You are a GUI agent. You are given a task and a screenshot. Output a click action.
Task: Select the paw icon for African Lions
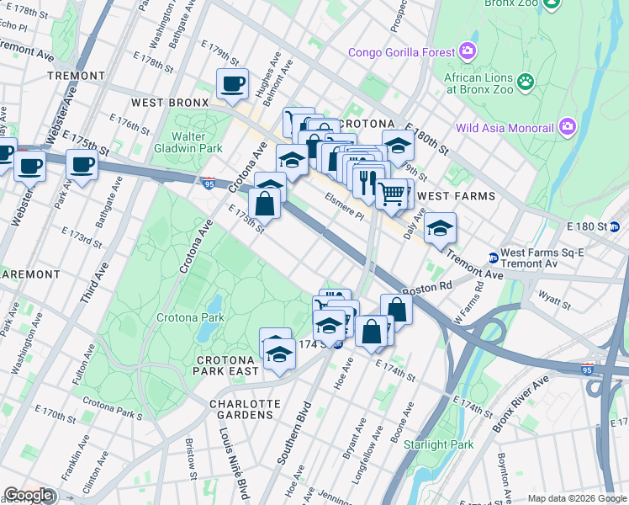pyautogui.click(x=526, y=82)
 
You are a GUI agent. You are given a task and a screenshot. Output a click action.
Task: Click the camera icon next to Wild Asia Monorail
pyautogui.click(x=568, y=128)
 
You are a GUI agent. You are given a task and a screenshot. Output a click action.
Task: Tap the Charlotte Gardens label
pyautogui.click(x=242, y=408)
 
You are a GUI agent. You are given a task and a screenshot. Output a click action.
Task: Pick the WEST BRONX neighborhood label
pyautogui.click(x=169, y=103)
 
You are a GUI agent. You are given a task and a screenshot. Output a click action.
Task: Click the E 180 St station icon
pyautogui.click(x=614, y=226)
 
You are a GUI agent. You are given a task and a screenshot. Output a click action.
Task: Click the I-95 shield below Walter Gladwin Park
pyautogui.click(x=208, y=182)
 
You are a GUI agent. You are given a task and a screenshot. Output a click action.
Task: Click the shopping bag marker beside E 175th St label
pyautogui.click(x=264, y=204)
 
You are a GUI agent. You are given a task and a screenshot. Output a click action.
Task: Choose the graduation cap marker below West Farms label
pyautogui.click(x=439, y=228)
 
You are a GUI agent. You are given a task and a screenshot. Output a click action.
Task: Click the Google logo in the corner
pyautogui.click(x=28, y=495)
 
